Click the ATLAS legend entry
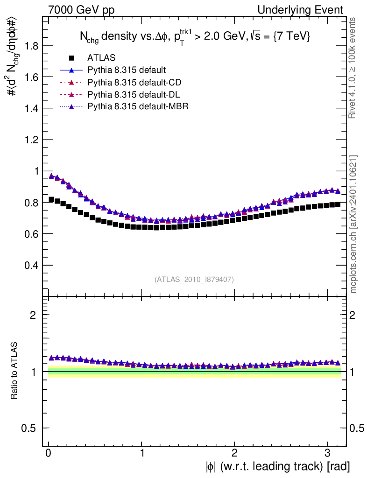[x=101, y=58]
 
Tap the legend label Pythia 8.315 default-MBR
[x=138, y=107]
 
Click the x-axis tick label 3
[x=327, y=453]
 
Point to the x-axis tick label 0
[x=48, y=453]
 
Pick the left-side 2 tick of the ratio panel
[x=33, y=315]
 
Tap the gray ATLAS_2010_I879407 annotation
[x=194, y=280]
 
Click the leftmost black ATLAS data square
[x=51, y=199]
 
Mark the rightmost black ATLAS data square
[x=338, y=204]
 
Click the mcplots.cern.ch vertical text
[x=353, y=224]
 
